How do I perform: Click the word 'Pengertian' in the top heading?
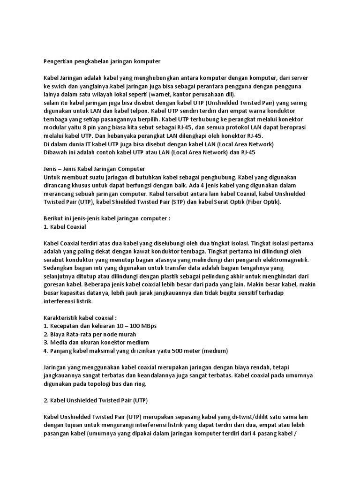tap(58, 61)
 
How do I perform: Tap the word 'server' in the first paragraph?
tap(297, 77)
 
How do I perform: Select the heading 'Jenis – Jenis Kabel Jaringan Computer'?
tap(94, 168)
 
